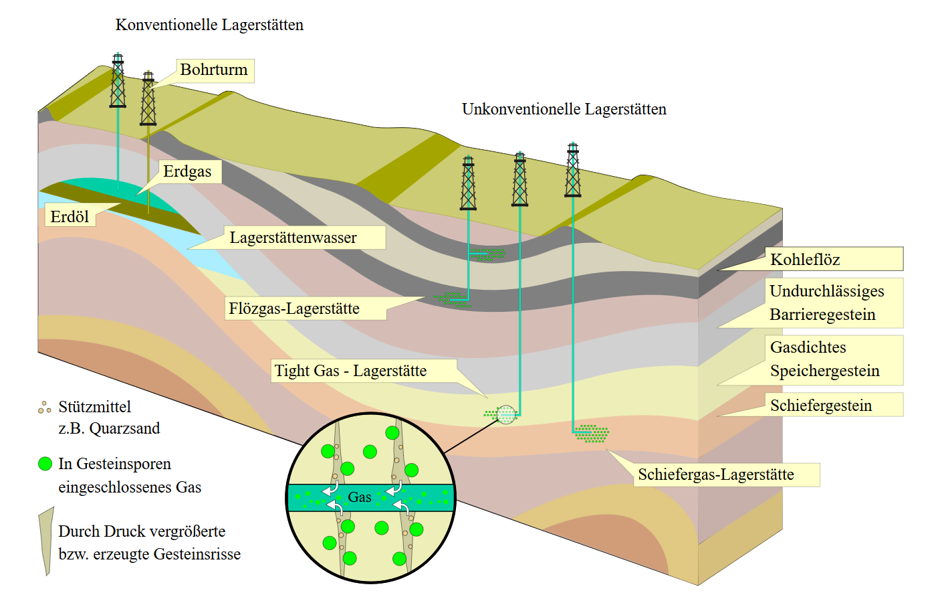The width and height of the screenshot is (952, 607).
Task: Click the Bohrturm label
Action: (x=214, y=70)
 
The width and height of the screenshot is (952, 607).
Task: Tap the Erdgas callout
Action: (x=187, y=171)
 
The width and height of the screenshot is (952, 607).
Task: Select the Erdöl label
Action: (x=70, y=217)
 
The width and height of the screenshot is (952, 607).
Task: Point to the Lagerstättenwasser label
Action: (x=293, y=238)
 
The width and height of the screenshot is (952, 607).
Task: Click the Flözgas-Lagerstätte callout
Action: (x=294, y=308)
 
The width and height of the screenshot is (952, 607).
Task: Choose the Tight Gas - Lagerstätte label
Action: (x=350, y=371)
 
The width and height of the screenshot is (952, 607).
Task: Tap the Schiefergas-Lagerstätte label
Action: (x=716, y=474)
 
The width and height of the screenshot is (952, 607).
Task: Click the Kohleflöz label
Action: (x=805, y=259)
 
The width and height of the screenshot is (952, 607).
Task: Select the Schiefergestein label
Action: (x=821, y=405)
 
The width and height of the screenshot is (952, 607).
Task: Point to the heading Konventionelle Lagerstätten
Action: (x=209, y=25)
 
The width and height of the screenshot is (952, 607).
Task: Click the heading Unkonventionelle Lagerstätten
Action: (x=564, y=109)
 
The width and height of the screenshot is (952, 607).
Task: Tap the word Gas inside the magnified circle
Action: (x=360, y=497)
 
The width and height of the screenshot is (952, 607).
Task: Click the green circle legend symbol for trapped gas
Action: (x=45, y=464)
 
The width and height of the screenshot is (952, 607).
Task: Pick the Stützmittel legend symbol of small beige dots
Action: (x=45, y=407)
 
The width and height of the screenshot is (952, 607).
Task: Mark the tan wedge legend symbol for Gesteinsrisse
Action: (x=47, y=541)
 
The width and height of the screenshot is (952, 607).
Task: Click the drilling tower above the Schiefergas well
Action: (x=573, y=170)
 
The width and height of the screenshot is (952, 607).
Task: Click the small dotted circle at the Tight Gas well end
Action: (x=506, y=414)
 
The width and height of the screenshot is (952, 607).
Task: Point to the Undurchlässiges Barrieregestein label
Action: (x=826, y=303)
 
